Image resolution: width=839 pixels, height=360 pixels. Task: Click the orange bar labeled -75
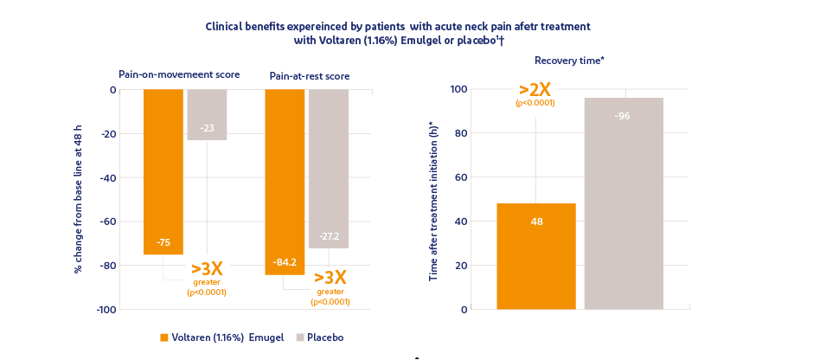point(163,172)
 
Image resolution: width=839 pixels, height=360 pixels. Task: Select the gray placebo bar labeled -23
point(208,114)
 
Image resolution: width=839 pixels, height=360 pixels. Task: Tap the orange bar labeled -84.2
point(285,182)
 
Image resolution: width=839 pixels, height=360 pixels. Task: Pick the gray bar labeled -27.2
point(329,169)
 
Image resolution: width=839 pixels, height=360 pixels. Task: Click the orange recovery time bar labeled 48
point(536,256)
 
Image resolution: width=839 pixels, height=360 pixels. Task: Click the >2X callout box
point(535,96)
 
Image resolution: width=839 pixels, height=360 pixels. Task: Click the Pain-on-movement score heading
point(179,74)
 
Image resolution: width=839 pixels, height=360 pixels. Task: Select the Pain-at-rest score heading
point(310,76)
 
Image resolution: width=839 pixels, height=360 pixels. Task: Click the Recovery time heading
point(569,60)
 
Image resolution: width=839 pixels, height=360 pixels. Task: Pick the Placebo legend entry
point(319,337)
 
